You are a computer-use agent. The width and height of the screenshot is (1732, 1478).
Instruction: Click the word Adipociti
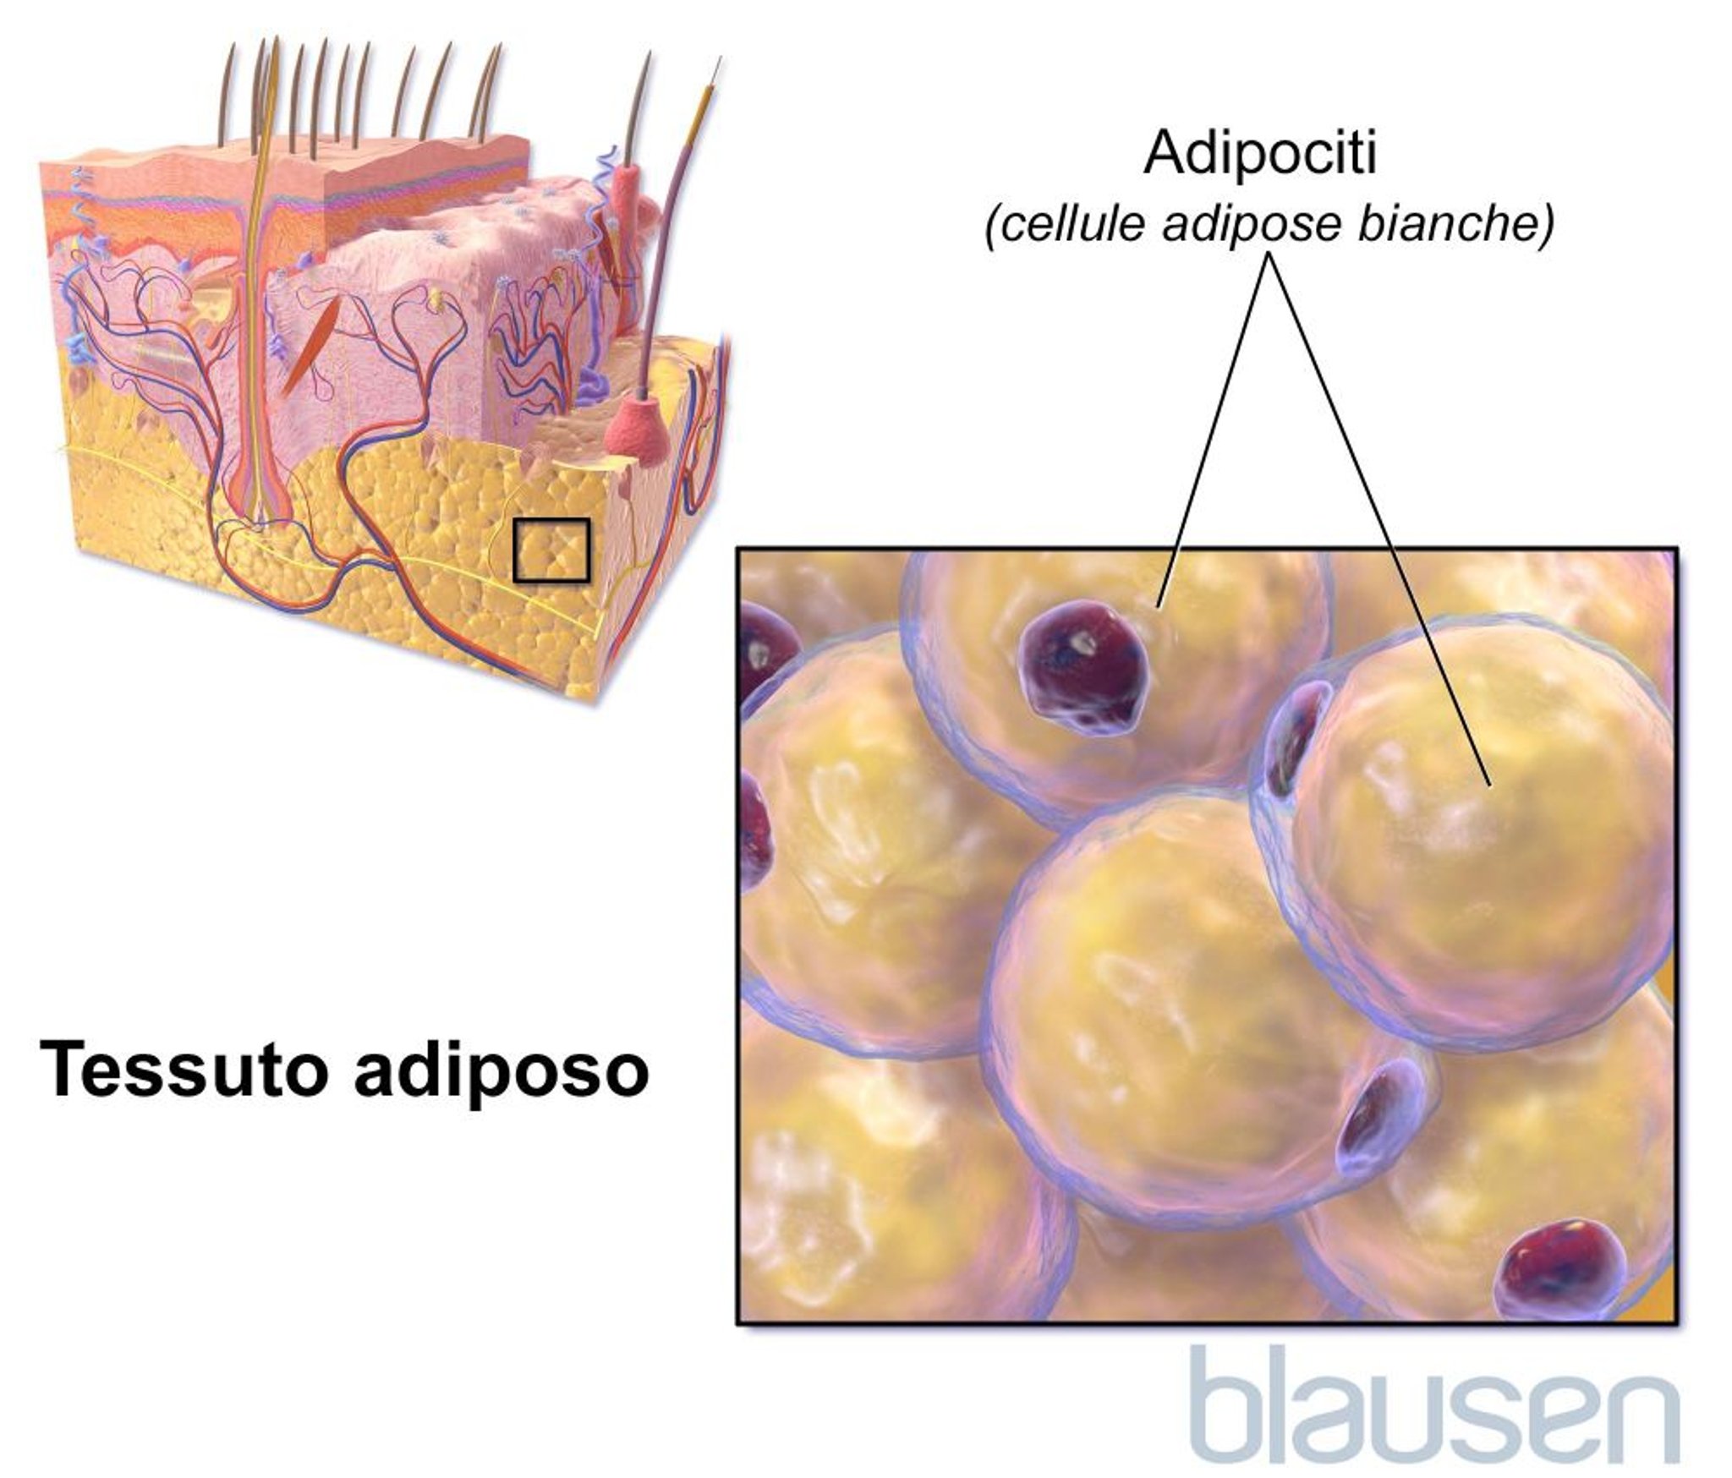pos(1260,155)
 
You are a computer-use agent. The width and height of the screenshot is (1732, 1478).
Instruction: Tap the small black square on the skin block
pos(552,550)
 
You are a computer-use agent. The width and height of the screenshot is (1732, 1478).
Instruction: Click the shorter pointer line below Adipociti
pos(1214,431)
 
